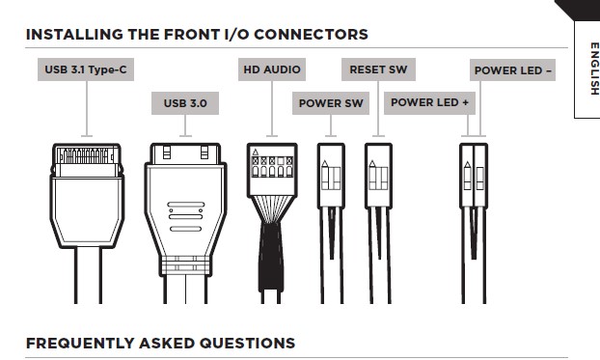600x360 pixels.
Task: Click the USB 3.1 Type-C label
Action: tap(86, 69)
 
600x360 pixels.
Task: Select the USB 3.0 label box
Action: tap(185, 103)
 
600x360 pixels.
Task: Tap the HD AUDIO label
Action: tap(272, 69)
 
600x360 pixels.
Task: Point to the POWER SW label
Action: tap(331, 103)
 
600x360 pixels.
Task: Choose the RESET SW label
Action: tap(378, 69)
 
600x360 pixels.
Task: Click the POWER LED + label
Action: tap(429, 102)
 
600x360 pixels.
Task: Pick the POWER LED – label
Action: tap(513, 70)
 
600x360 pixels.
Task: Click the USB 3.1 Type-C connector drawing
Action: tap(87, 223)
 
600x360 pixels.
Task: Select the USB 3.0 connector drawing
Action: tap(185, 223)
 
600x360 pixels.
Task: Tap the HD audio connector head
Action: tap(272, 170)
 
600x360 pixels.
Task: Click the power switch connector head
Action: tap(331, 176)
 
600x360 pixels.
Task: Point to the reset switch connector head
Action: tap(378, 176)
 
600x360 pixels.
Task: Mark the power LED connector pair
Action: tap(474, 176)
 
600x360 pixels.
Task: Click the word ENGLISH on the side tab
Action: tap(594, 69)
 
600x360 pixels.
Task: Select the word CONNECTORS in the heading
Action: tap(312, 35)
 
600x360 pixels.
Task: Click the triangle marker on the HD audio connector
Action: tap(256, 152)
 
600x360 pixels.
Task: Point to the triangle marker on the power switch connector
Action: tap(325, 163)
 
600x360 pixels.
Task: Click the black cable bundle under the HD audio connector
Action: tap(271, 257)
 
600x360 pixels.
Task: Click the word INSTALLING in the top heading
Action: tap(74, 35)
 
